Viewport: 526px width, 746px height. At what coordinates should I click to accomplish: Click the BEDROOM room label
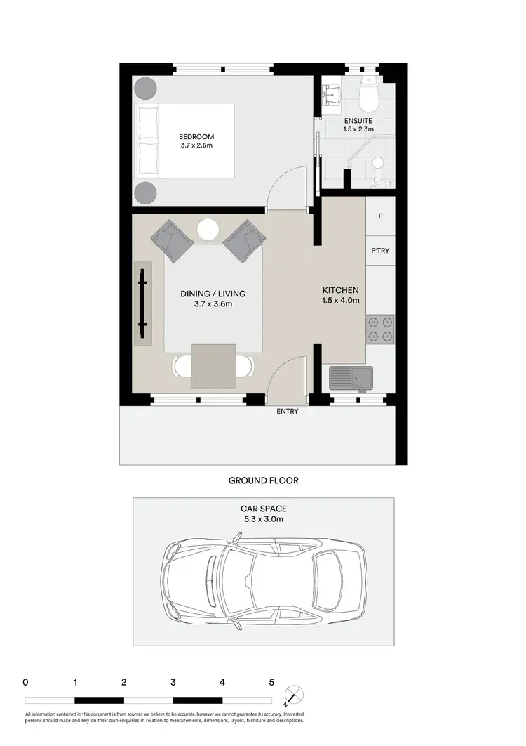(196, 136)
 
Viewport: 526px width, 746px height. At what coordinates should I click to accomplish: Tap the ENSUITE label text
(358, 120)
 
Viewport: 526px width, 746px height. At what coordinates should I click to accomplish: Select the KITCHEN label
(341, 290)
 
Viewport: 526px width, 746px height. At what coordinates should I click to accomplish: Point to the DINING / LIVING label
(213, 294)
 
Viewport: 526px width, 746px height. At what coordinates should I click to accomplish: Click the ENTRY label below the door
(288, 412)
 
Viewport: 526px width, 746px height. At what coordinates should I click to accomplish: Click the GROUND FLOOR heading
(263, 480)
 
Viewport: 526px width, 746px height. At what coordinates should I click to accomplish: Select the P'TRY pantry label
(379, 251)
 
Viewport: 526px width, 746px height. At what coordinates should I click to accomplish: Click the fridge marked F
(380, 216)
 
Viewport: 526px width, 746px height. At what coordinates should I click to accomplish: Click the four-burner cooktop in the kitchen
(379, 329)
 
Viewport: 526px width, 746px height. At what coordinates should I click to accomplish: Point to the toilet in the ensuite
(367, 97)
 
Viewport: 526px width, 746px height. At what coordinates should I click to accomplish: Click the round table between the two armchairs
(208, 230)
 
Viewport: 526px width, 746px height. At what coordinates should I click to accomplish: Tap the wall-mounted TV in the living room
(143, 303)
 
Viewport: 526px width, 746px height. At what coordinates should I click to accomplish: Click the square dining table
(213, 366)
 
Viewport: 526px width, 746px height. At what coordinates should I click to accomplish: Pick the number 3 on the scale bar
(173, 681)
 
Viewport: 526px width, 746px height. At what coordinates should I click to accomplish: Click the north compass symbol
(295, 694)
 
